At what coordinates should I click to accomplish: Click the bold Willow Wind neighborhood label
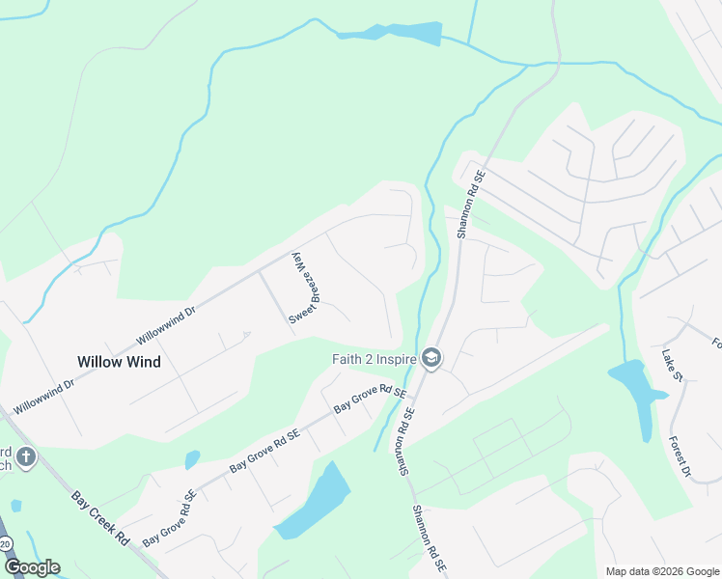coord(119,362)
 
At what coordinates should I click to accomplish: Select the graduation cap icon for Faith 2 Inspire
coord(430,359)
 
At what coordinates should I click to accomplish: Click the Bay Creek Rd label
coord(100,520)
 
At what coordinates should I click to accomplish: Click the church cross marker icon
coord(25,456)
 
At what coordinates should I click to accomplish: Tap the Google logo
coord(31,566)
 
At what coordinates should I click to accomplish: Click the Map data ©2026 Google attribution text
coord(661,571)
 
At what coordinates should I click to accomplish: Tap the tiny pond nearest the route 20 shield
coord(15,506)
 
